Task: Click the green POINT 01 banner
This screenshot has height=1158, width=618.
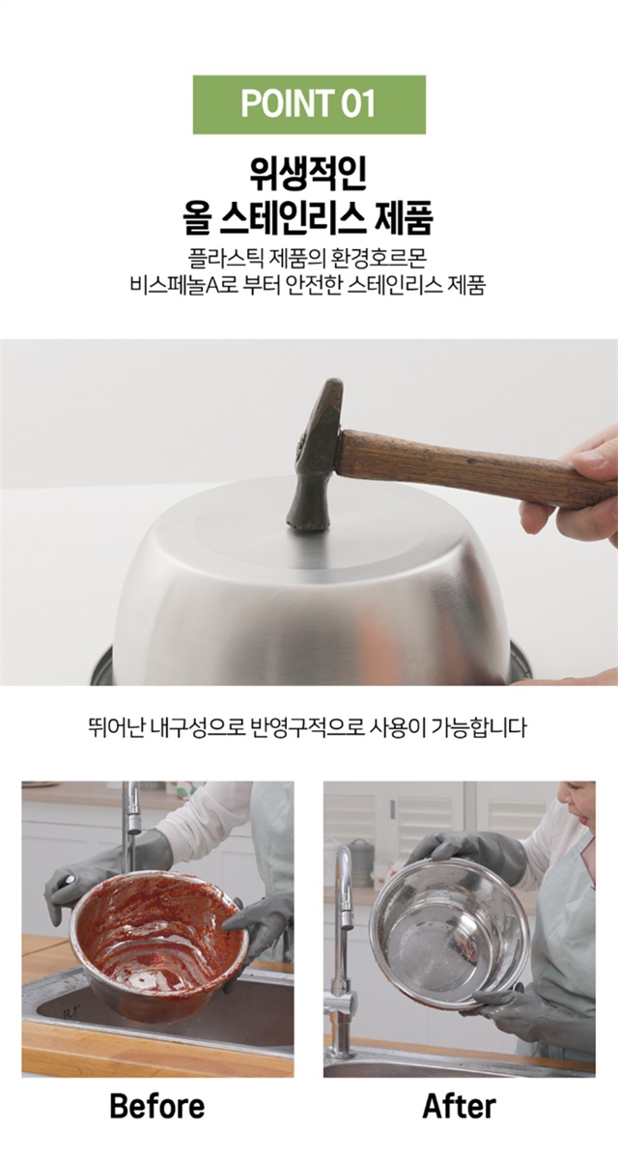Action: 309,104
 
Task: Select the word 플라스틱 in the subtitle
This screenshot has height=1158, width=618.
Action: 221,259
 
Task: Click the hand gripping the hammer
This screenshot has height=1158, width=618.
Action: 572,485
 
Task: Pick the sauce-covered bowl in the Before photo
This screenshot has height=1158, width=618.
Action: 158,934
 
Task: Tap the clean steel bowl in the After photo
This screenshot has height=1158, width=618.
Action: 450,933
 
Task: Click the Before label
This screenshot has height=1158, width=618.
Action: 157,1106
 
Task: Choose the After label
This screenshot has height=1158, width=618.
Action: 460,1106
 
